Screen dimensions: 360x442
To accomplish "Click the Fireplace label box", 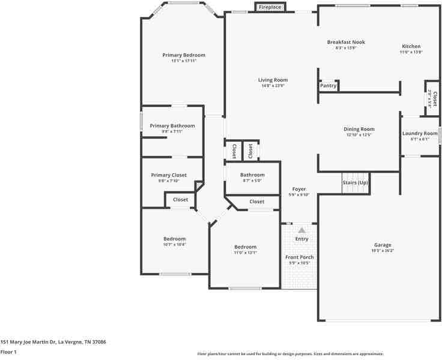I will point(270,7).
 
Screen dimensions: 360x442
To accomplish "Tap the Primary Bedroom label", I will point(184,55).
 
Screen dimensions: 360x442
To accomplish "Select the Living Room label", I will point(273,80).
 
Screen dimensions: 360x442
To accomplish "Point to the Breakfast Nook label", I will point(346,42).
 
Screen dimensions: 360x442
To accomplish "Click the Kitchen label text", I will point(411,46).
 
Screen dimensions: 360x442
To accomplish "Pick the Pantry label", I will point(328,86).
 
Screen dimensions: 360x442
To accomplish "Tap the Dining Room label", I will point(359,129).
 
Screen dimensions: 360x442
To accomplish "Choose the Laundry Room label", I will point(420,133).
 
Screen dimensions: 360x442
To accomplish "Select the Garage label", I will point(383,245).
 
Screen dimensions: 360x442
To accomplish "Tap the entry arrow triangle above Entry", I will point(301,230).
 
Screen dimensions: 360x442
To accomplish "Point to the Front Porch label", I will point(299,257).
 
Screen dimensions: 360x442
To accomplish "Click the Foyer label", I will point(299,189).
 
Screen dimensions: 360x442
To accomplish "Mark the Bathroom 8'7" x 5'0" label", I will point(253,175).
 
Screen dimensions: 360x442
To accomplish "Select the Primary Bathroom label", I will point(172,125).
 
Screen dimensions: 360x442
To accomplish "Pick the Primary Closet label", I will point(168,175).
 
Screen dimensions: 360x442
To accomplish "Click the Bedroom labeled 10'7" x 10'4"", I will point(174,239).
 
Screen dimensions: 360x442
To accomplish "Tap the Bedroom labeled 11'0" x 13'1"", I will point(245,247).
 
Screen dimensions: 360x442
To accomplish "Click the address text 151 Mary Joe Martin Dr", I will point(53,341).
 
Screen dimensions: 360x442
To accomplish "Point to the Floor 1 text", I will point(8,352).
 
